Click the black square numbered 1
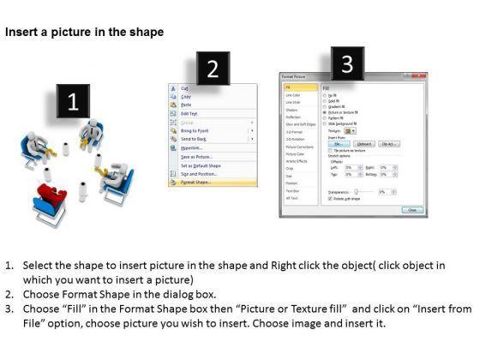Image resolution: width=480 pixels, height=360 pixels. [73, 102]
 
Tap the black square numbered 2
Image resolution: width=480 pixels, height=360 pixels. [213, 69]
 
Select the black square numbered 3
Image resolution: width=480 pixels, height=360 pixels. [346, 63]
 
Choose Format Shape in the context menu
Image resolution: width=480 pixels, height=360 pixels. [197, 183]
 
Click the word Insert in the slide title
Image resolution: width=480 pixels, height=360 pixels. [21, 33]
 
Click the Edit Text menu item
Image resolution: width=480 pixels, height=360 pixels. [189, 113]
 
